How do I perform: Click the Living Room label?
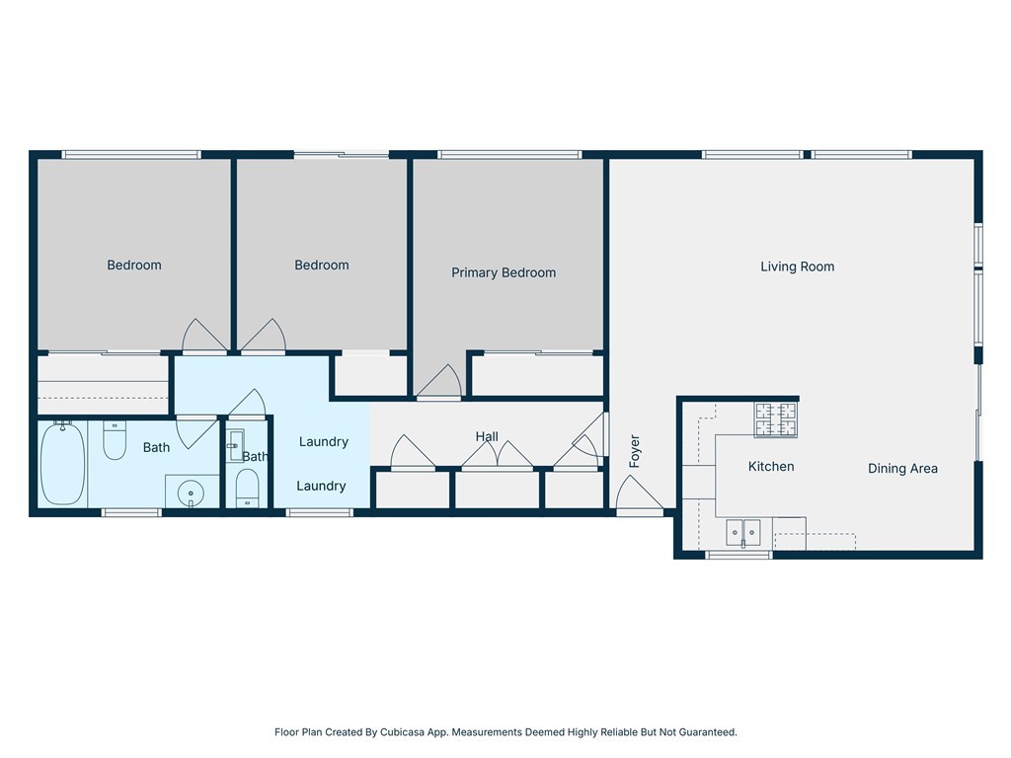pyautogui.click(x=797, y=266)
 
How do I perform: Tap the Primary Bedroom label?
pyautogui.click(x=504, y=272)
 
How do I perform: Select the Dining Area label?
pyautogui.click(x=902, y=469)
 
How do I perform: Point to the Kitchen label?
pyautogui.click(x=771, y=466)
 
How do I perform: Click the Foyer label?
pyautogui.click(x=635, y=450)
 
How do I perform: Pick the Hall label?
pyautogui.click(x=487, y=436)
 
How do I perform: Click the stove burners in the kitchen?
pyautogui.click(x=776, y=418)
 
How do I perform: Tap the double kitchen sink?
pyautogui.click(x=743, y=532)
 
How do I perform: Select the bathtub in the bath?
pyautogui.click(x=62, y=463)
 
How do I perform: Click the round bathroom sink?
pyautogui.click(x=191, y=493)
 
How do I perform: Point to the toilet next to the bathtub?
pyautogui.click(x=115, y=440)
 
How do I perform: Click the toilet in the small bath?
pyautogui.click(x=248, y=488)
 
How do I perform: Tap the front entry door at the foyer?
pyautogui.click(x=640, y=497)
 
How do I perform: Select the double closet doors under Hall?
pyautogui.click(x=498, y=456)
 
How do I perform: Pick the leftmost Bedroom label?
pyautogui.click(x=134, y=265)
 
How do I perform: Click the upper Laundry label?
pyautogui.click(x=324, y=441)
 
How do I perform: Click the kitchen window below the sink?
pyautogui.click(x=739, y=555)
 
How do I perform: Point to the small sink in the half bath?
pyautogui.click(x=235, y=445)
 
